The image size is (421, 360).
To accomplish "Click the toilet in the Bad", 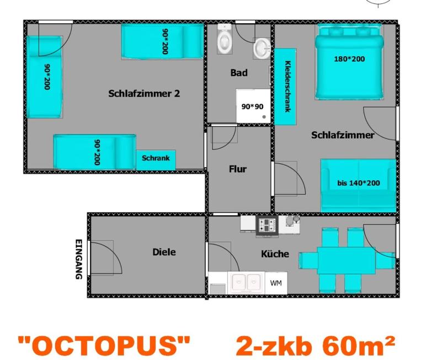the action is [x=225, y=39].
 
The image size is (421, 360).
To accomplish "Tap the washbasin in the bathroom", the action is [x=262, y=49].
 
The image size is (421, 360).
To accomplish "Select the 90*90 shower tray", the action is [x=253, y=106].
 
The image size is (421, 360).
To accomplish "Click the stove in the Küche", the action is [x=267, y=225].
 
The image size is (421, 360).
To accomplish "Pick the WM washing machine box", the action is [x=276, y=283].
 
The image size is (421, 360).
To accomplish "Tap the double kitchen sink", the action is [x=246, y=282].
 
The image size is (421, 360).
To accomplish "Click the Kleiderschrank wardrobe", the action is [x=285, y=87].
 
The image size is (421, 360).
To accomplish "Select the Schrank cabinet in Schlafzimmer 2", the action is [x=156, y=160].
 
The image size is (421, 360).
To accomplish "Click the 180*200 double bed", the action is [x=349, y=62].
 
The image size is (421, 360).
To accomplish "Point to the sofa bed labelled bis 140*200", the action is [x=359, y=186].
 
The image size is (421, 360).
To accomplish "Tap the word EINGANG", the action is [x=78, y=259].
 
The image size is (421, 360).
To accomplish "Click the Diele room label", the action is [x=164, y=252].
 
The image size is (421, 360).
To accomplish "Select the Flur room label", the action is [x=238, y=169].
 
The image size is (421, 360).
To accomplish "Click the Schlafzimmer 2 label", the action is [x=144, y=93].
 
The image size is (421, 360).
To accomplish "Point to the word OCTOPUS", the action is [x=104, y=345].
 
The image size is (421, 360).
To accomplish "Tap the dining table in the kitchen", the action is [x=347, y=260].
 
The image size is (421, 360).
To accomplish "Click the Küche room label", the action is [x=275, y=254].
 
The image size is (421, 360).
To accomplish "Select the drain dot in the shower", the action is [x=264, y=117].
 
